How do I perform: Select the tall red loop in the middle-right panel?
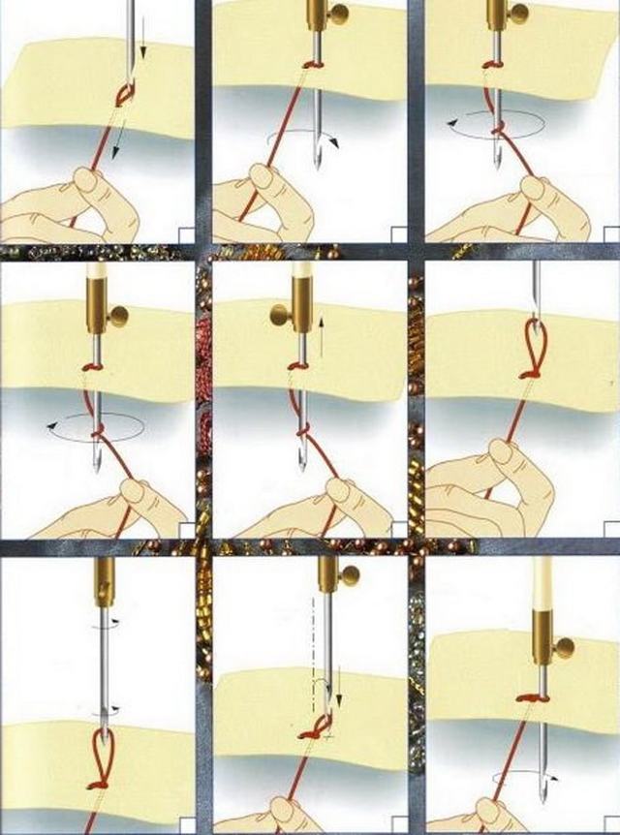point(534,347)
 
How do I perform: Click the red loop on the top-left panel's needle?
point(125,93)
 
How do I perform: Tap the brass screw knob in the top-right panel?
point(518,14)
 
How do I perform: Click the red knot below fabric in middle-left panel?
point(98,427)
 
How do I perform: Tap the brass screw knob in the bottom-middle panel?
point(349,576)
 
